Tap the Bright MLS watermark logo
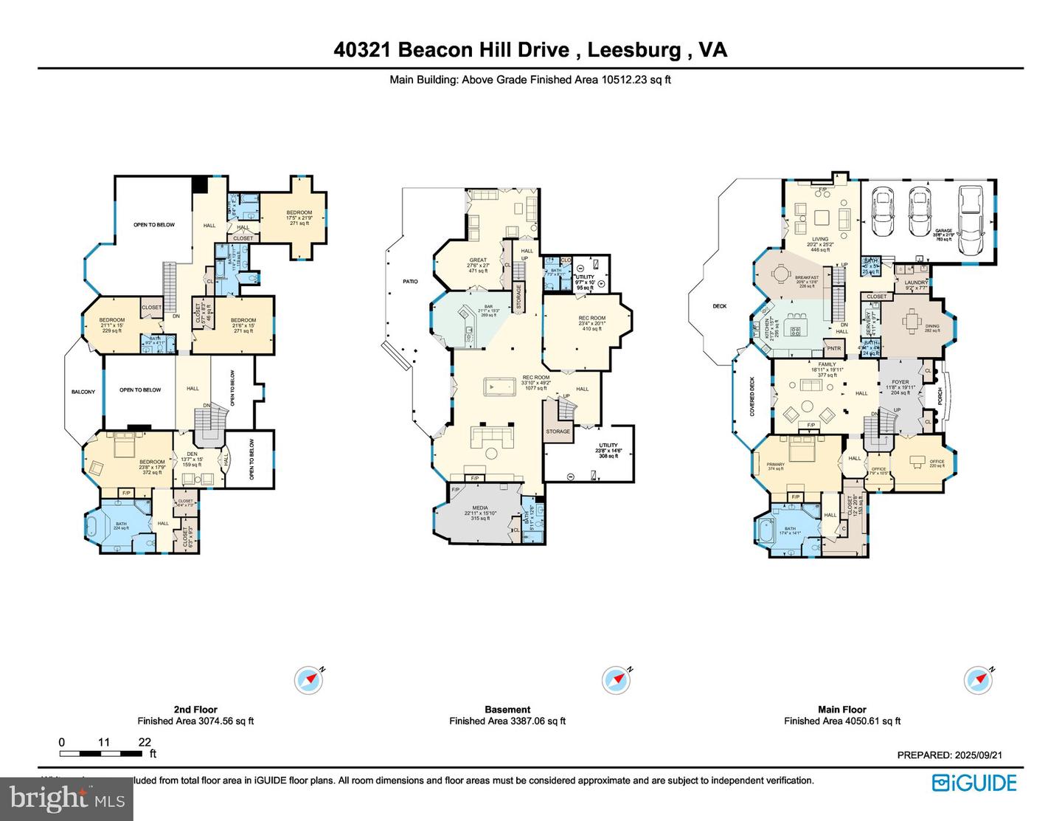click(x=66, y=799)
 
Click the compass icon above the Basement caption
click(x=615, y=679)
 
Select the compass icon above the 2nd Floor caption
click(x=308, y=679)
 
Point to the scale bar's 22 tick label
click(x=145, y=742)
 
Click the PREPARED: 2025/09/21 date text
click(x=949, y=755)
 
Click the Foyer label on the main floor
click(x=900, y=382)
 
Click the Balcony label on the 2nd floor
click(x=83, y=392)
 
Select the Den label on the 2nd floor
click(x=192, y=454)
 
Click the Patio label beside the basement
click(x=410, y=281)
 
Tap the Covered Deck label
click(x=752, y=397)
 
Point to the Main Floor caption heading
click(x=842, y=710)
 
